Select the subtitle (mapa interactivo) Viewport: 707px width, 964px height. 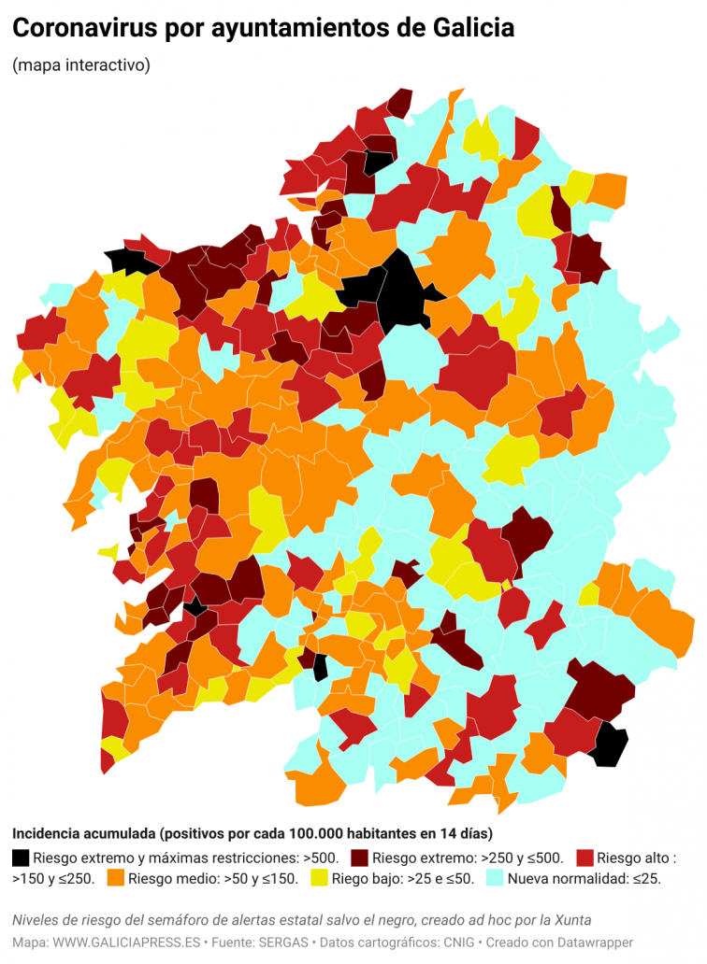click(x=80, y=65)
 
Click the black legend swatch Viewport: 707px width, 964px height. click(x=21, y=857)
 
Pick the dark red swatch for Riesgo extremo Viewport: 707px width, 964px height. click(x=360, y=857)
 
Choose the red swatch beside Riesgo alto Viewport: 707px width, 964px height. click(x=584, y=857)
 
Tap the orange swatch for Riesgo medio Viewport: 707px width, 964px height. click(x=116, y=878)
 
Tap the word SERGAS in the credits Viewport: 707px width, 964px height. click(x=267, y=943)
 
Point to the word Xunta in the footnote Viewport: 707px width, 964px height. click(x=571, y=920)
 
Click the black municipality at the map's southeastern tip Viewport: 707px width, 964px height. click(x=609, y=744)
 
